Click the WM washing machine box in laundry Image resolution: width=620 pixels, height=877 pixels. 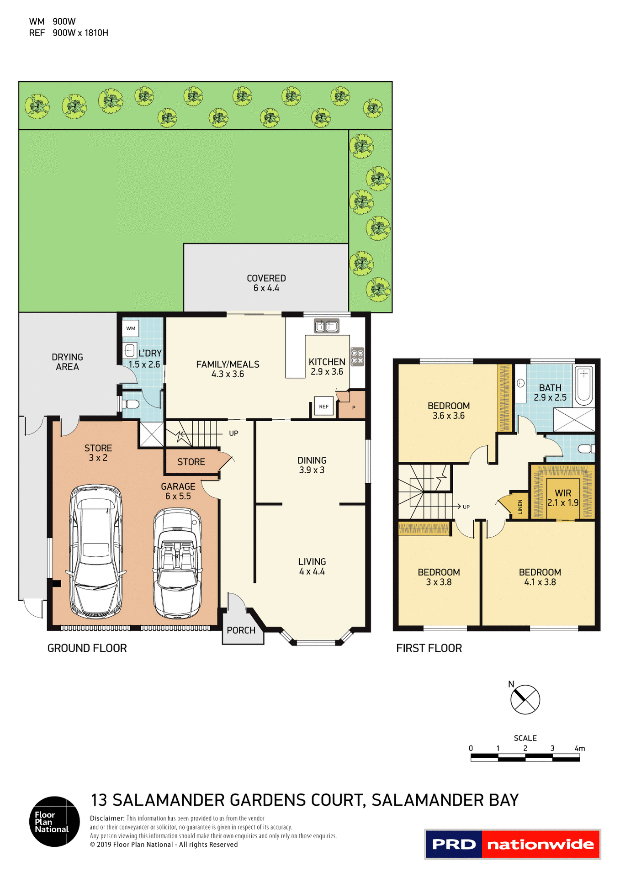point(131,328)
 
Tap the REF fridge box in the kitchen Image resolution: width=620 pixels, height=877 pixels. point(323,406)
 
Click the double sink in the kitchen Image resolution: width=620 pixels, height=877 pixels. point(327,326)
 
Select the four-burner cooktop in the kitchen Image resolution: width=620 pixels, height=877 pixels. point(357,356)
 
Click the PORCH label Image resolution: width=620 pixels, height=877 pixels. point(241,630)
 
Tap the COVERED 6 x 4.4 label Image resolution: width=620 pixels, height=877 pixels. point(266,283)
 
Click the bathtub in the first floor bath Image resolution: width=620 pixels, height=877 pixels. point(584,386)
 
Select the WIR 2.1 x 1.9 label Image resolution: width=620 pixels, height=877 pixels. point(563,498)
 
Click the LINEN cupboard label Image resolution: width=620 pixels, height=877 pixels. point(520,507)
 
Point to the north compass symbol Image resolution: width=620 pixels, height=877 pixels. point(525,699)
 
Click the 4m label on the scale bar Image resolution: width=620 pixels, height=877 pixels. point(579,749)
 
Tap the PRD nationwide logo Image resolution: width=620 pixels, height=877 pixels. point(513,844)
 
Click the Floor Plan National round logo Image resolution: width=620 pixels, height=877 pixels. point(54,821)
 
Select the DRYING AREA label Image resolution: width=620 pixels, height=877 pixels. point(67,362)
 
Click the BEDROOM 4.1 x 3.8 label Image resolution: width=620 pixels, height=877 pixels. point(540,577)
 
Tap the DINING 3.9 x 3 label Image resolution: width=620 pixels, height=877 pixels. point(312,465)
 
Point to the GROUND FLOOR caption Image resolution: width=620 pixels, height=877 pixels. point(87,648)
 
